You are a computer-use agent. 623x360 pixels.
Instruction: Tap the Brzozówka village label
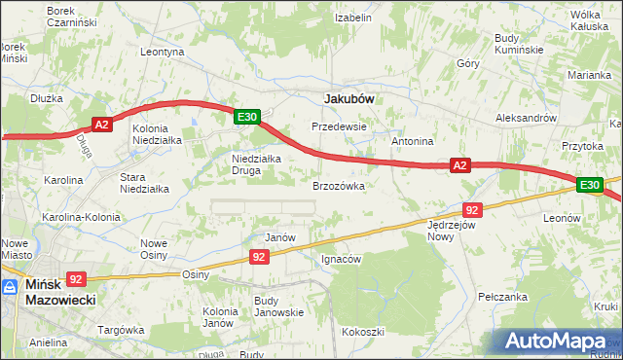pyautogui.click(x=339, y=185)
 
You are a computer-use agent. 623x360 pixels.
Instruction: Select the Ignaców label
pyautogui.click(x=341, y=260)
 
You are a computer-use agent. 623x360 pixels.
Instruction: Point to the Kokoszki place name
pyautogui.click(x=362, y=332)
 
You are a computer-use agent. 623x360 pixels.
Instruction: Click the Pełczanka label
pyautogui.click(x=502, y=295)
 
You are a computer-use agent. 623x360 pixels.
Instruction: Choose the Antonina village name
pyautogui.click(x=412, y=141)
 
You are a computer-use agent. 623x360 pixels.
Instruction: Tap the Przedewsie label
pyautogui.click(x=338, y=126)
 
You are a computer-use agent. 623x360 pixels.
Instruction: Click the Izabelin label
pyautogui.click(x=353, y=18)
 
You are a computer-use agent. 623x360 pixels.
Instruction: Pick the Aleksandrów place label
pyautogui.click(x=526, y=117)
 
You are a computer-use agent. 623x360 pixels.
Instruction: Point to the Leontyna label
pyautogui.click(x=163, y=52)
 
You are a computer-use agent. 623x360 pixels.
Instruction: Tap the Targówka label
pyautogui.click(x=122, y=330)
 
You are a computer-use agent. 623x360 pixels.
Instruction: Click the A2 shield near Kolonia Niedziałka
pyautogui.click(x=103, y=124)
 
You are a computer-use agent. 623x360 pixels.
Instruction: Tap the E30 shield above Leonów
pyautogui.click(x=589, y=185)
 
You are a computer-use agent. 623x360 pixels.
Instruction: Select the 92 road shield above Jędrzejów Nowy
pyautogui.click(x=472, y=210)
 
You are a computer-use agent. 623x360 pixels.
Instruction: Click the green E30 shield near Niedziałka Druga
pyautogui.click(x=247, y=117)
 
